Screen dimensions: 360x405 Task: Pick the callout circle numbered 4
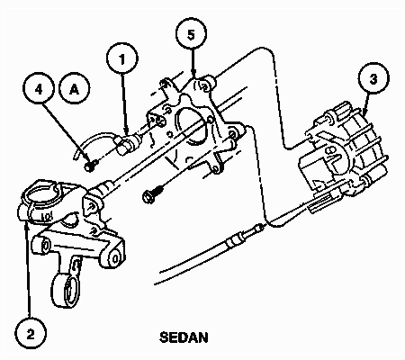[37, 91]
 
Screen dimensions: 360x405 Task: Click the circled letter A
[75, 91]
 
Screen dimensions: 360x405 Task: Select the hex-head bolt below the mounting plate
[149, 194]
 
